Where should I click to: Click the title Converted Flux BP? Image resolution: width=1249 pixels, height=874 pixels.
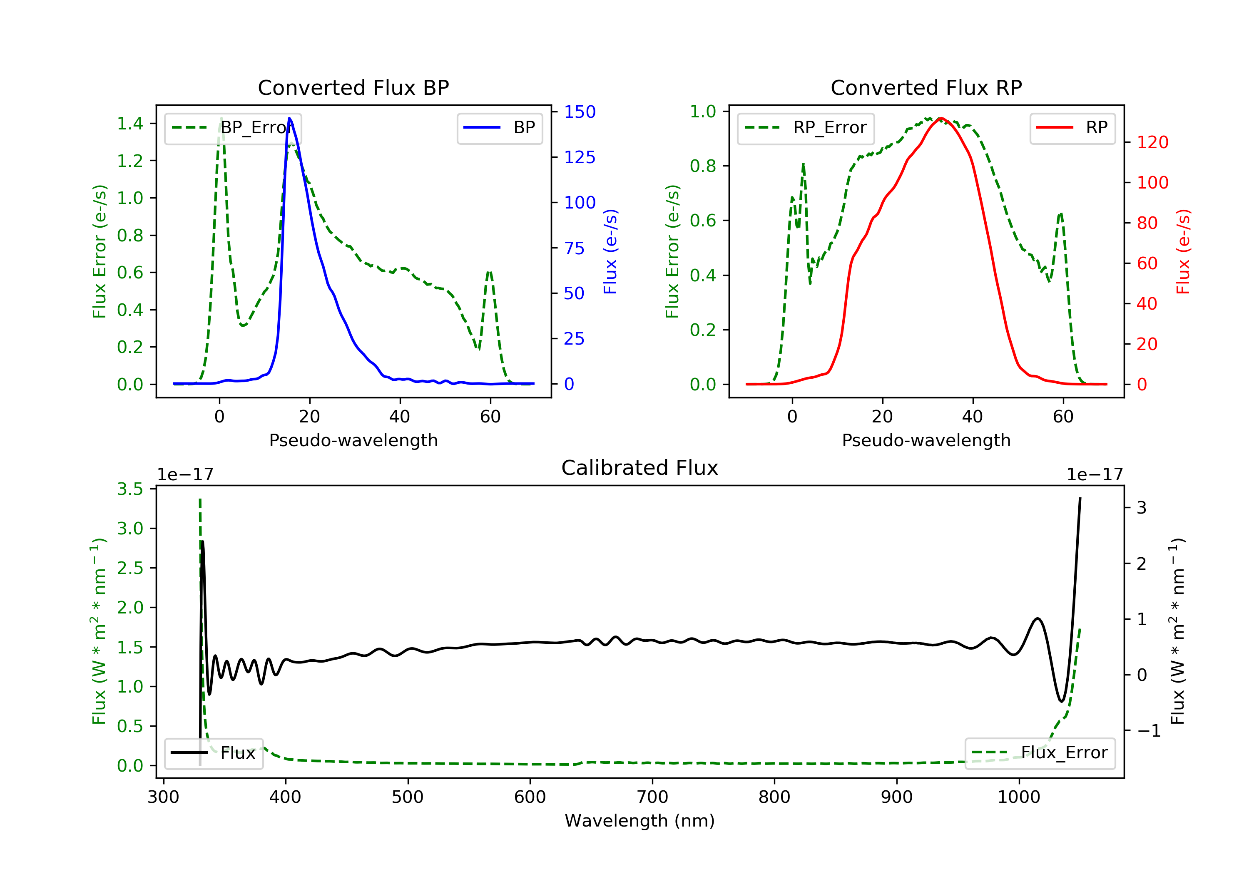point(353,87)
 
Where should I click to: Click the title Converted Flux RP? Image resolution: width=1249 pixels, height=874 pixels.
point(926,87)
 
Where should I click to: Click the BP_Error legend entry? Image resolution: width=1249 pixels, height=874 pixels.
point(233,128)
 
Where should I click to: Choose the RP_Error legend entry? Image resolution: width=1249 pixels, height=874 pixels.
point(806,128)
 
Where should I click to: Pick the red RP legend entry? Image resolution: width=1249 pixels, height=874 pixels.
point(1072,128)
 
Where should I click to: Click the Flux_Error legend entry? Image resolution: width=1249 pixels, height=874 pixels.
point(1040,753)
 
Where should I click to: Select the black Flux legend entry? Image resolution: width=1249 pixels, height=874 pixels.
point(214,753)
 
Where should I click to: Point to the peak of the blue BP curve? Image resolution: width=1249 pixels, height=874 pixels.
point(289,118)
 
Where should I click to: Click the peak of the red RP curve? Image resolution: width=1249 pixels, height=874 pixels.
point(941,118)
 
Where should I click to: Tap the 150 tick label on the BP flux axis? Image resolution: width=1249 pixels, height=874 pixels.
point(580,112)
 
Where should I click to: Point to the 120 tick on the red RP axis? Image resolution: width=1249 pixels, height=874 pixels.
point(1152,142)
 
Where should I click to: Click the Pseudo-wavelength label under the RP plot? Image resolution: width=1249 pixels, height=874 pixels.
point(926,440)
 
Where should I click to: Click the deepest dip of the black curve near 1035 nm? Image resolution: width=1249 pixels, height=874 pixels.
point(1061,701)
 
